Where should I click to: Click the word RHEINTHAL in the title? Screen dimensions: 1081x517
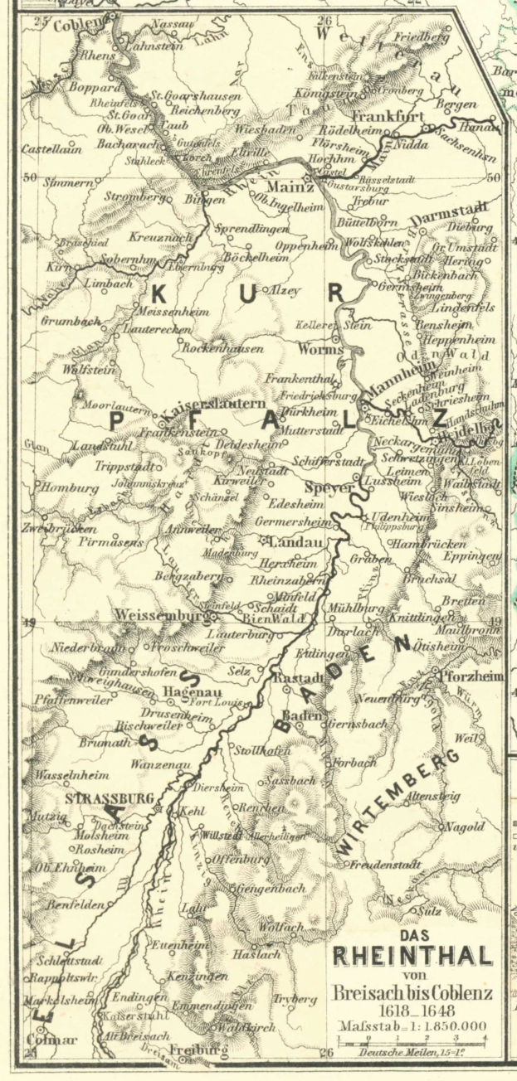412,957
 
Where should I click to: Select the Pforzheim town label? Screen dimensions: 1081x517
471,677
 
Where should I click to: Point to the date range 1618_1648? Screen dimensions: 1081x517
412,1011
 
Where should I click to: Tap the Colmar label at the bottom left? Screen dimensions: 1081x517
46,1039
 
